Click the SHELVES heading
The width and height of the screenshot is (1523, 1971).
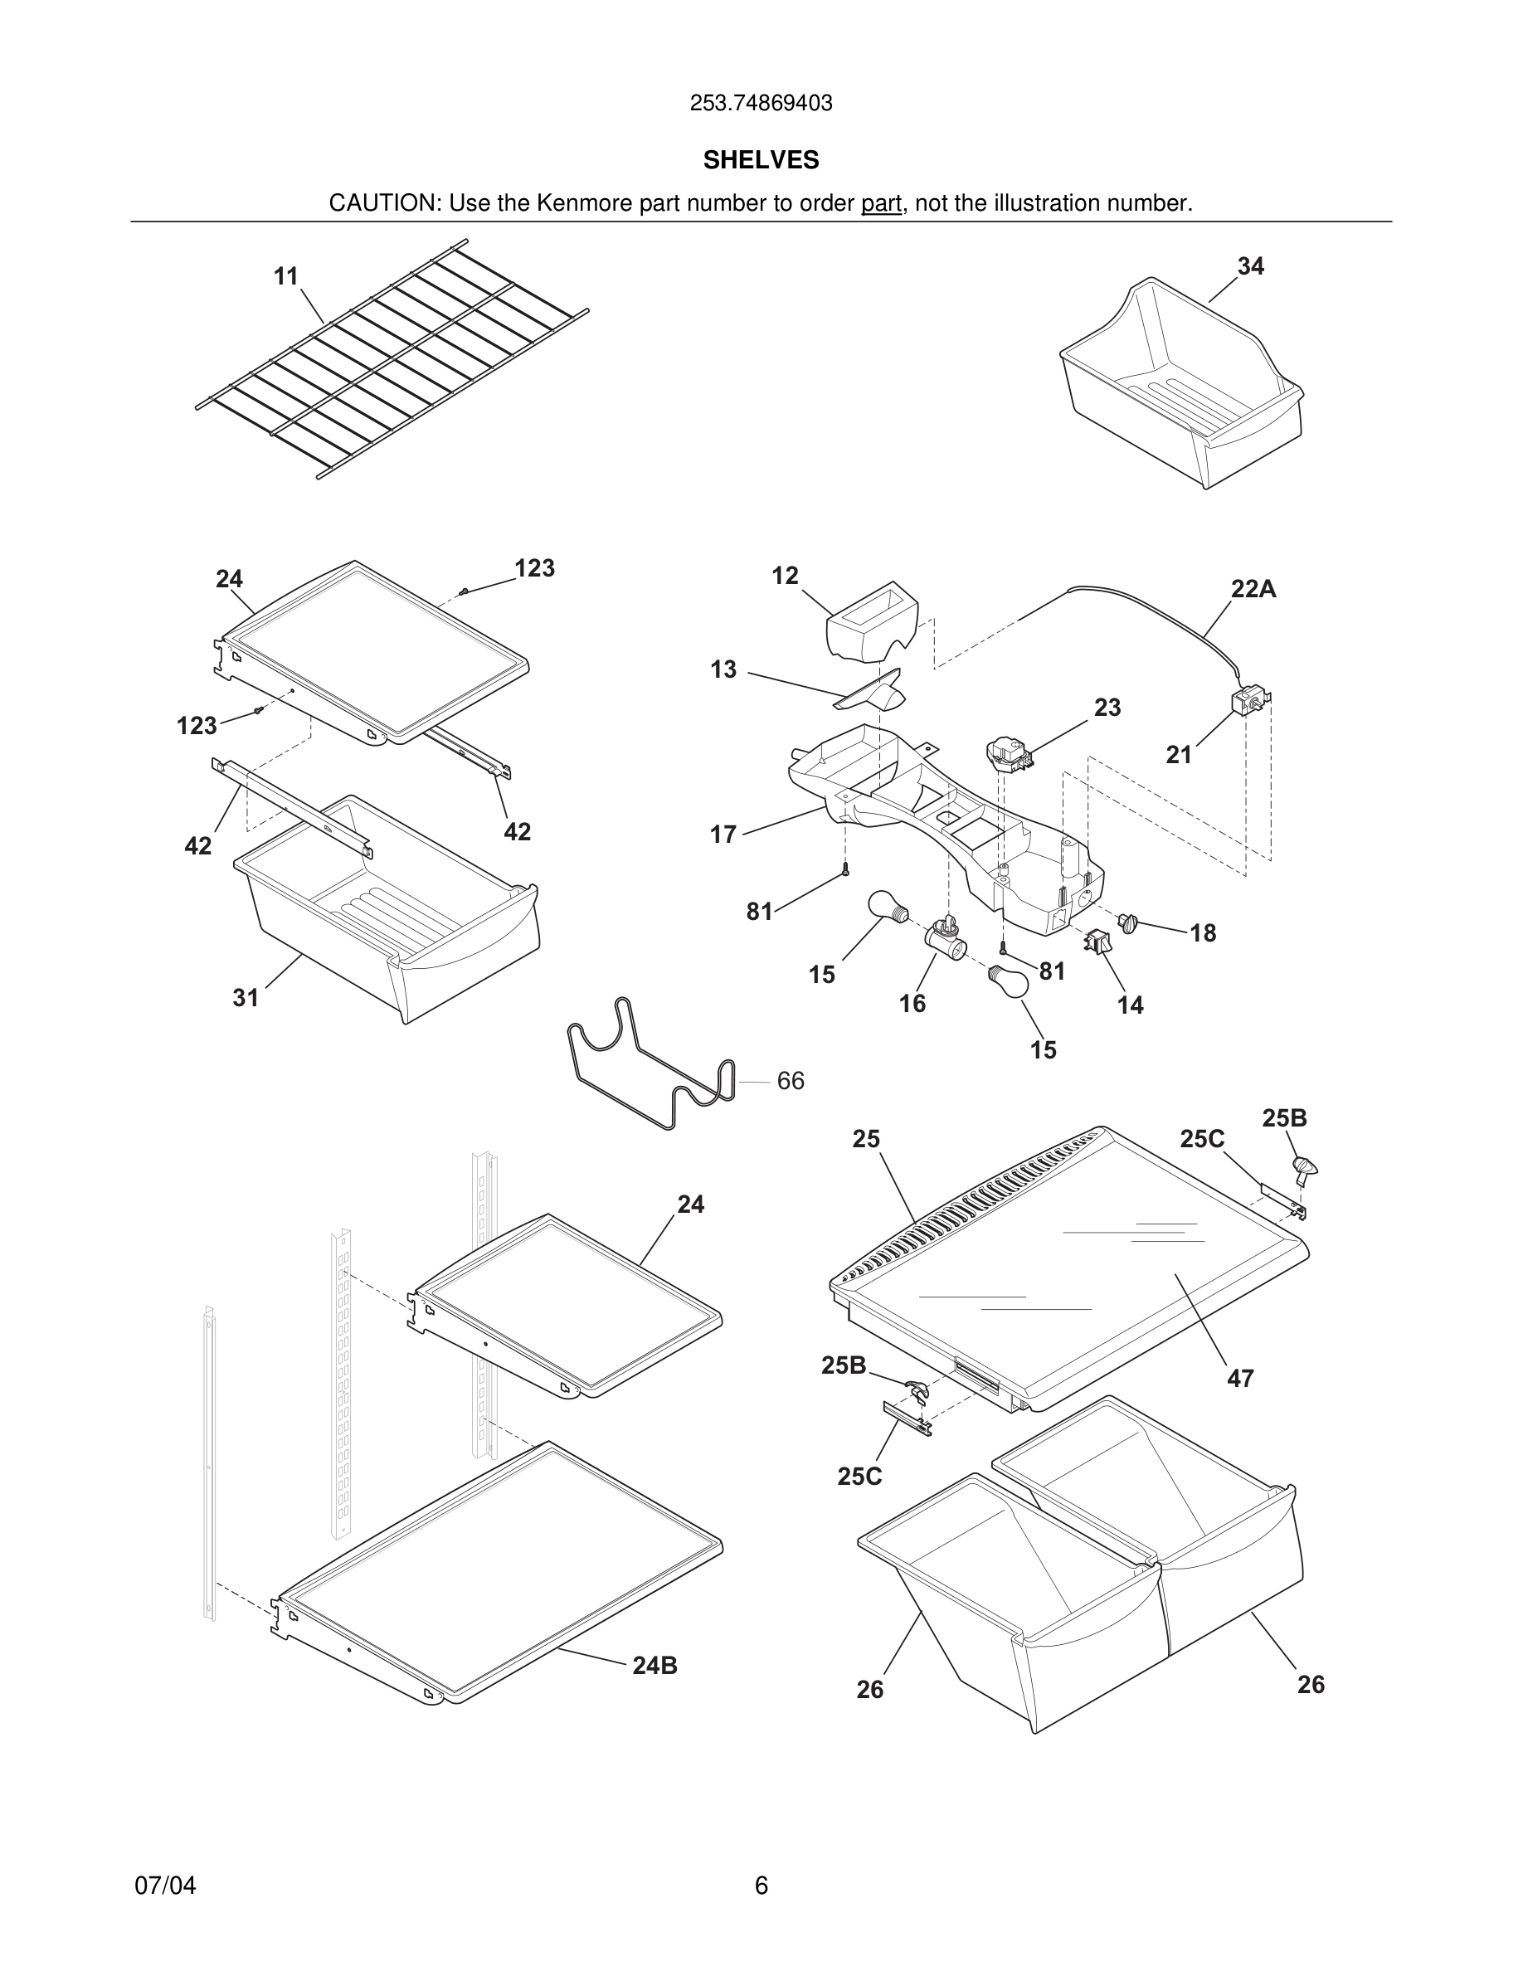pos(761,160)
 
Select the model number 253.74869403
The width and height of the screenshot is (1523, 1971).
pos(761,103)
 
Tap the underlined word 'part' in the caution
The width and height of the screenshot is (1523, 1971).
pos(881,203)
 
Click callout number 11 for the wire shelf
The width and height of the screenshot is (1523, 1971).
pos(286,276)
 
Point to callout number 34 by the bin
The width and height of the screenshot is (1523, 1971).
pos(1251,266)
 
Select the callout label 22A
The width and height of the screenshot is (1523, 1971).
pos(1253,589)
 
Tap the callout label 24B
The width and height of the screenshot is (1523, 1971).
pos(654,1666)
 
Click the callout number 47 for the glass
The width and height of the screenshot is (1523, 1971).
pos(1239,1378)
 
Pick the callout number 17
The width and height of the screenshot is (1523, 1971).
pos(723,834)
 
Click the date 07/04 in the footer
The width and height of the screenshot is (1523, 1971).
pos(165,1886)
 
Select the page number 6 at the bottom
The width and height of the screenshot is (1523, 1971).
pos(761,1886)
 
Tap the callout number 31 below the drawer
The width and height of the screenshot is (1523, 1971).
pos(246,997)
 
